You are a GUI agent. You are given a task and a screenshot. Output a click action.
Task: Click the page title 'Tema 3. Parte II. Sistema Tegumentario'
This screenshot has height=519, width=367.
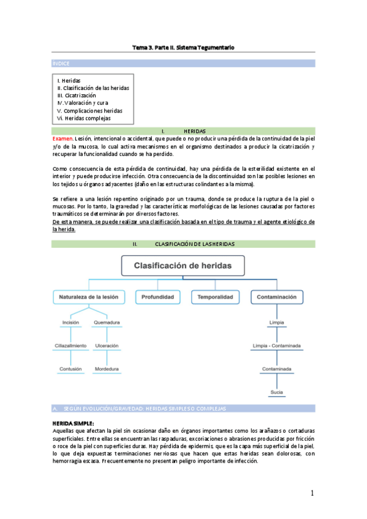tap(183, 47)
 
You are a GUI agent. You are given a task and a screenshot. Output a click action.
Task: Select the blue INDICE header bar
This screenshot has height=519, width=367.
tap(183, 63)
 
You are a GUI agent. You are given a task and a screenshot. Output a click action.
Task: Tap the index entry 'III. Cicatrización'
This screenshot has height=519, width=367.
tap(77, 95)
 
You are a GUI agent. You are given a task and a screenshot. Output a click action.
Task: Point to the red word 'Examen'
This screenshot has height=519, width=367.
tap(62, 139)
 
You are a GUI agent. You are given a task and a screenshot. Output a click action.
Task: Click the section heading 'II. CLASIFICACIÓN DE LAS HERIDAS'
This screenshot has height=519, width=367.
tap(183, 244)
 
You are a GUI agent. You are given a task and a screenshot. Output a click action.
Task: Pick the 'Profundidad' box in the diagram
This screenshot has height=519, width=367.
tap(159, 297)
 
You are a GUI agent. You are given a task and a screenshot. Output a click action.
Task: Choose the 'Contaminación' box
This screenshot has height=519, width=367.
tap(276, 297)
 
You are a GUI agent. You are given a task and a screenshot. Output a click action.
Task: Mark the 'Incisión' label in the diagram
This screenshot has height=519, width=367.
tap(70, 323)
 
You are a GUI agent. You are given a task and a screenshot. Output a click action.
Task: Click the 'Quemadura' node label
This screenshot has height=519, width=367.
tap(107, 323)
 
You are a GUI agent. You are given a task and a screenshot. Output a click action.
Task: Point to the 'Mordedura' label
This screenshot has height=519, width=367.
tap(107, 369)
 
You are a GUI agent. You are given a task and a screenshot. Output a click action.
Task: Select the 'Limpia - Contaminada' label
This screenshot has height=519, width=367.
tap(276, 346)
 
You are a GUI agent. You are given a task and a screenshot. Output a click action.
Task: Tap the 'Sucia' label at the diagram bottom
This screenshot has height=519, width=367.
tap(276, 392)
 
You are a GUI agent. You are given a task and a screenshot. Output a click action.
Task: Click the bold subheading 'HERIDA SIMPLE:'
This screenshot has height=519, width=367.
tap(74, 423)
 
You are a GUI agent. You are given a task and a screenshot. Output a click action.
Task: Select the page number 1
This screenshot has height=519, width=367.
tap(312, 493)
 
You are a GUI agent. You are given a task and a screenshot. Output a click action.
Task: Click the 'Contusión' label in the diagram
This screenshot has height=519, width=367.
tap(70, 369)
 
